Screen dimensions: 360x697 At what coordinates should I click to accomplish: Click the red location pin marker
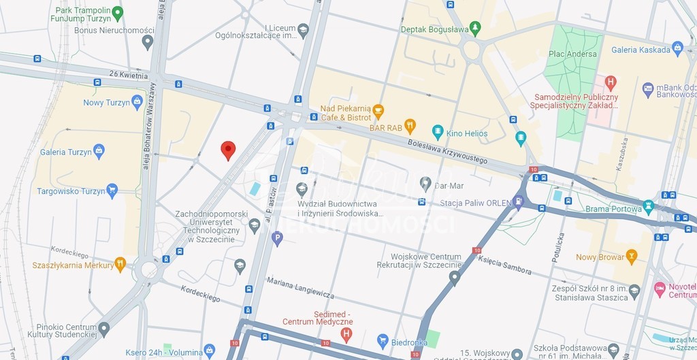coord(228,150)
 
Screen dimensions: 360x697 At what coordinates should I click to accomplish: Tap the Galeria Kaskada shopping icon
coord(677,48)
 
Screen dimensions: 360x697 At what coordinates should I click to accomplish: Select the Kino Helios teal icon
coord(438,131)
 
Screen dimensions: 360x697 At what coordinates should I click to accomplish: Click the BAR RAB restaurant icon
coord(410,126)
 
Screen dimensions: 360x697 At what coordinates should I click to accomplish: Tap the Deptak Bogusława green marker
coord(475,29)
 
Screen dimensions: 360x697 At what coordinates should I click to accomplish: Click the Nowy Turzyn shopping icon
coord(137,102)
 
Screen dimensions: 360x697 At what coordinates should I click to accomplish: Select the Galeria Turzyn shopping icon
coord(99,151)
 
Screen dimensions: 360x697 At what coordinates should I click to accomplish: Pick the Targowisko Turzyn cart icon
coord(112,191)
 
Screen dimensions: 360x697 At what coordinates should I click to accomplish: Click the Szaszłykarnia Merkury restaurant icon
coord(120,264)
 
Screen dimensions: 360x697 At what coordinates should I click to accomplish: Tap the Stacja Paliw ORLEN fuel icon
coord(519,201)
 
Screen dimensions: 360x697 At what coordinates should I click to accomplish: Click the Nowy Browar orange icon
coord(632,257)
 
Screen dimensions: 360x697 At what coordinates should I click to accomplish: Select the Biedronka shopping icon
coord(383,341)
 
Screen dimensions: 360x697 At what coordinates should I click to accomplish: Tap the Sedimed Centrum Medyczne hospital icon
coord(346,334)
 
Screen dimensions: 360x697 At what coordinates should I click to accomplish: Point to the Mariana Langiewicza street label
coord(300,287)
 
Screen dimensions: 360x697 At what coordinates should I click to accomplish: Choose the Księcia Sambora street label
coord(504,265)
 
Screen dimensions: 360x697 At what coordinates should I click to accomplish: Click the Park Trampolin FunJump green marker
coord(118,13)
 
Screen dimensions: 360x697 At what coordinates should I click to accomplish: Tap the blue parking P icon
coord(276,238)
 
